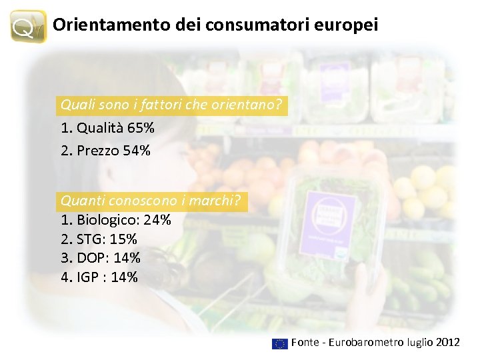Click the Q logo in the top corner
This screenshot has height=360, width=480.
coord(29,26)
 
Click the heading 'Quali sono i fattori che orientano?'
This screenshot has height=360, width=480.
coord(171,105)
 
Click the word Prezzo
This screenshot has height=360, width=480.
coord(98,151)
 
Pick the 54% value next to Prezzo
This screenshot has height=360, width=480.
coord(136,151)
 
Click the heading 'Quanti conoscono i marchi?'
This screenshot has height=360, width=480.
coord(153,200)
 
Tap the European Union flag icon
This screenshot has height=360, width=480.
coord(279,343)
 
